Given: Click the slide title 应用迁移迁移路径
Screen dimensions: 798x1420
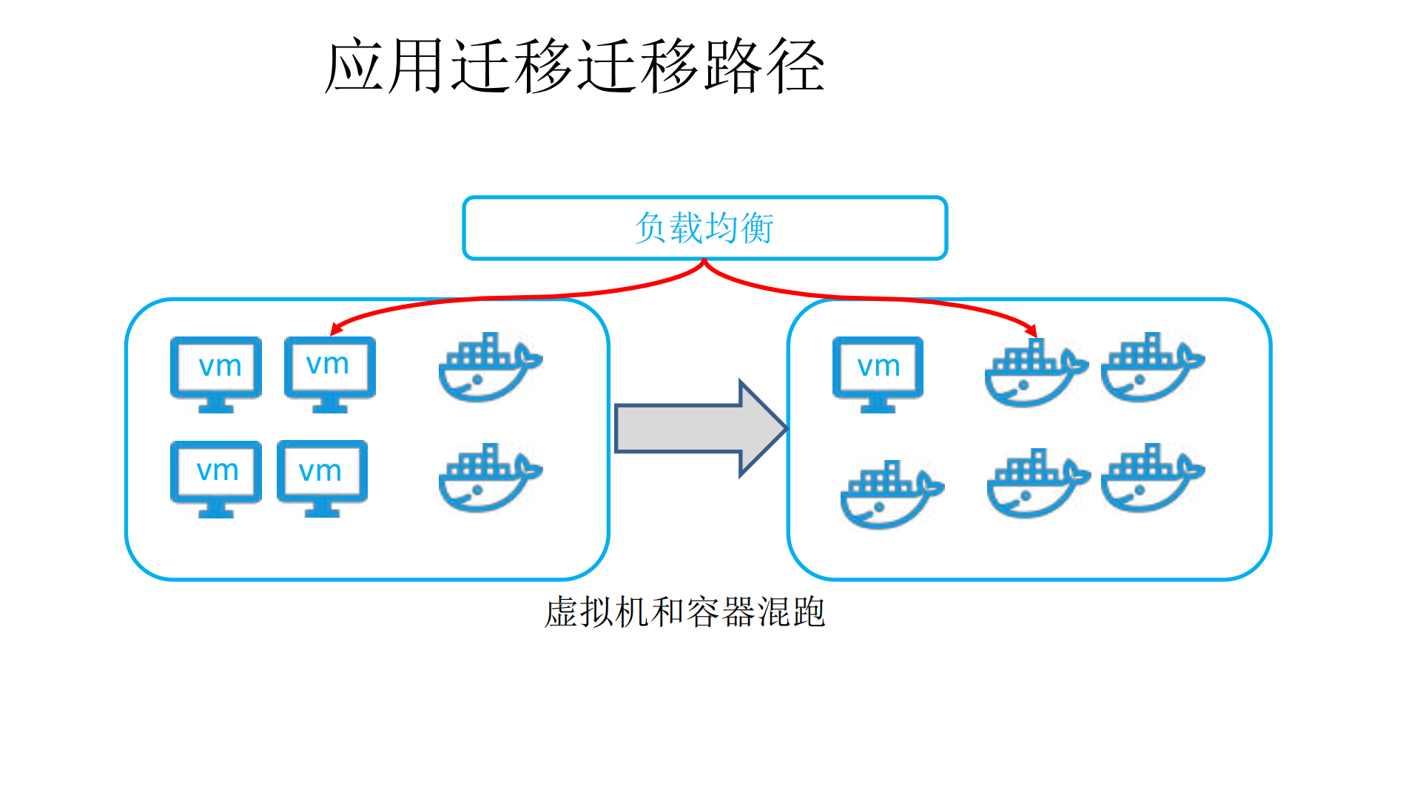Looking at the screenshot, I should (575, 67).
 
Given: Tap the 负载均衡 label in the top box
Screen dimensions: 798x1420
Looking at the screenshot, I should (704, 227).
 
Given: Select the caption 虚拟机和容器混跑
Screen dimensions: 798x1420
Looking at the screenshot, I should (684, 612).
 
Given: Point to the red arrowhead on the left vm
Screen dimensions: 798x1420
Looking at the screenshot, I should (336, 330).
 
